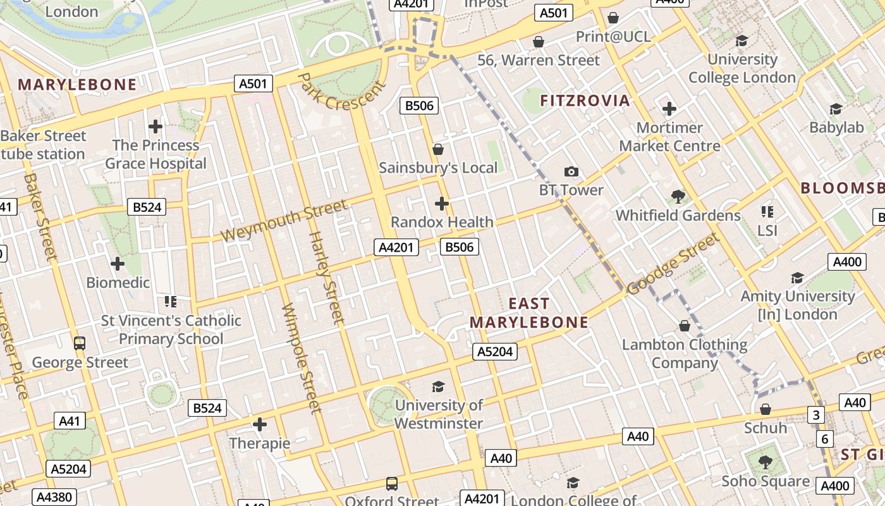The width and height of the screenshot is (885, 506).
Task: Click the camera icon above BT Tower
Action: pyautogui.click(x=571, y=171)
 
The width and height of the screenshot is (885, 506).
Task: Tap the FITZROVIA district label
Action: pyautogui.click(x=585, y=100)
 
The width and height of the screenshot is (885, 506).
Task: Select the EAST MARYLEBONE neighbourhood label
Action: pyautogui.click(x=529, y=313)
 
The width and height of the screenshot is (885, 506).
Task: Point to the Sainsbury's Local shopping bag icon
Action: pyautogui.click(x=438, y=149)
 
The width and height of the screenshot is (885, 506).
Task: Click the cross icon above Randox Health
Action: pyautogui.click(x=442, y=204)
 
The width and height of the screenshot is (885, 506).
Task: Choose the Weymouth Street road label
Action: pyautogui.click(x=284, y=221)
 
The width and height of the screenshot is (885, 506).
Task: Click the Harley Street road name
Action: pyautogui.click(x=326, y=278)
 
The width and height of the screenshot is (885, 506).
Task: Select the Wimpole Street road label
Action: pyautogui.click(x=302, y=358)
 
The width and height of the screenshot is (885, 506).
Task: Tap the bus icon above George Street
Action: pyautogui.click(x=80, y=343)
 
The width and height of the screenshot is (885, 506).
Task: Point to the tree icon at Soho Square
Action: pyautogui.click(x=766, y=462)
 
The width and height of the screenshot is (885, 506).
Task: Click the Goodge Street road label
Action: pyautogui.click(x=673, y=264)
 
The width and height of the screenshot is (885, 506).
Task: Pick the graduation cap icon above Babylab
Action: pyautogui.click(x=836, y=109)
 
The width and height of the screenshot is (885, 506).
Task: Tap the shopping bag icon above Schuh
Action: pyautogui.click(x=766, y=409)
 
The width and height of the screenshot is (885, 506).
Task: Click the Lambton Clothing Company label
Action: pyautogui.click(x=685, y=354)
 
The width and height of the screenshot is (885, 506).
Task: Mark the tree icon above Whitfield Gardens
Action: pyautogui.click(x=678, y=197)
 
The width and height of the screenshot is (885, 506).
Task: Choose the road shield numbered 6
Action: pyautogui.click(x=824, y=439)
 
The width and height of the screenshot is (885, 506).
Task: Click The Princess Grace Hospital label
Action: pyautogui.click(x=156, y=154)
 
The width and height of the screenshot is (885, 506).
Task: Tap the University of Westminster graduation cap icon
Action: pyautogui.click(x=438, y=386)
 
